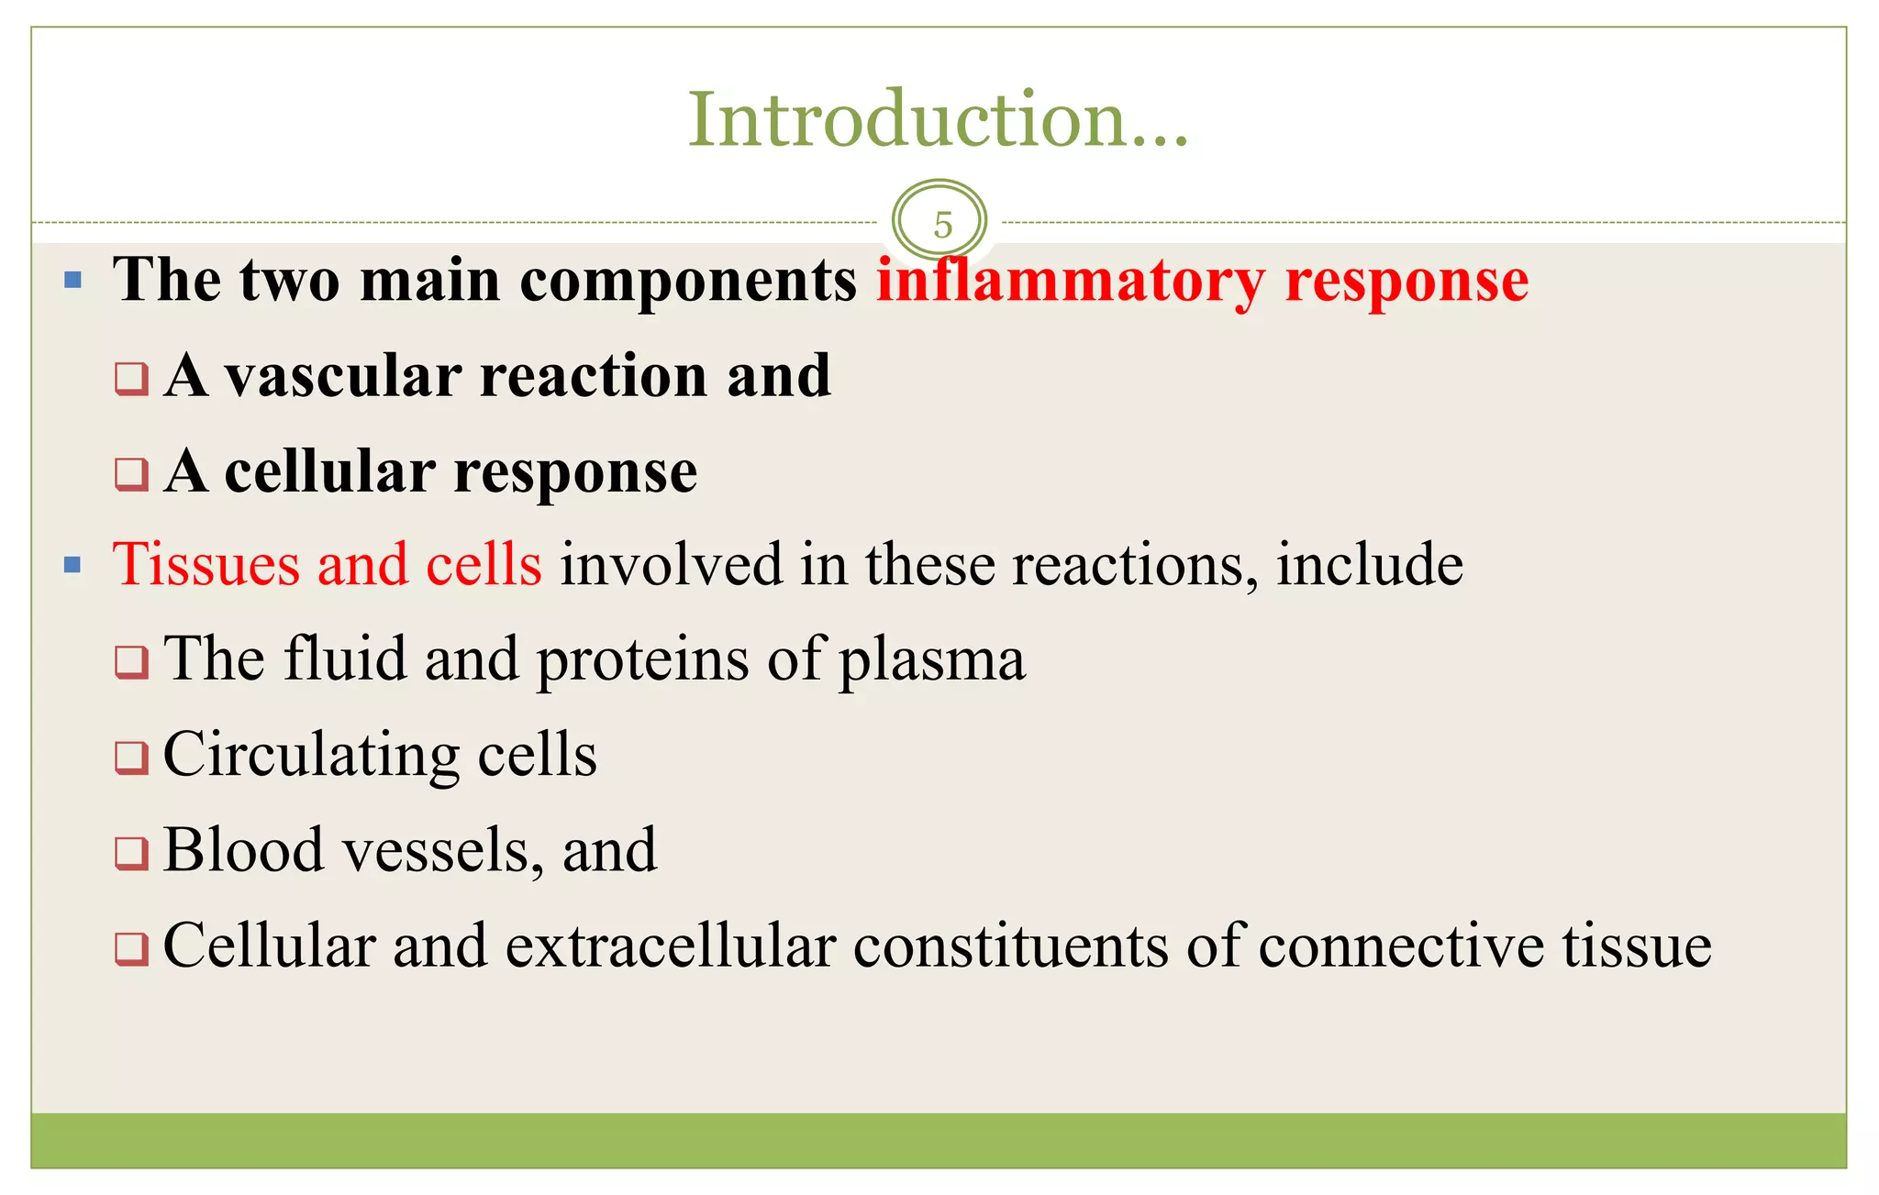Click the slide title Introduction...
[x=938, y=120]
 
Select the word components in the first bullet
[x=687, y=281]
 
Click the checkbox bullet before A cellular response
[x=131, y=475]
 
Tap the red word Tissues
[x=206, y=564]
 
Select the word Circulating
[x=310, y=756]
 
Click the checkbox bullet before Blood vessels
[x=131, y=853]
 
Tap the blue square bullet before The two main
[x=73, y=281]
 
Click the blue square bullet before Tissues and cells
[x=73, y=565]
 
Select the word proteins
[x=642, y=660]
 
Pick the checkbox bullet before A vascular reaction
[x=131, y=378]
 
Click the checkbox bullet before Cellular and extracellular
[x=131, y=948]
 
